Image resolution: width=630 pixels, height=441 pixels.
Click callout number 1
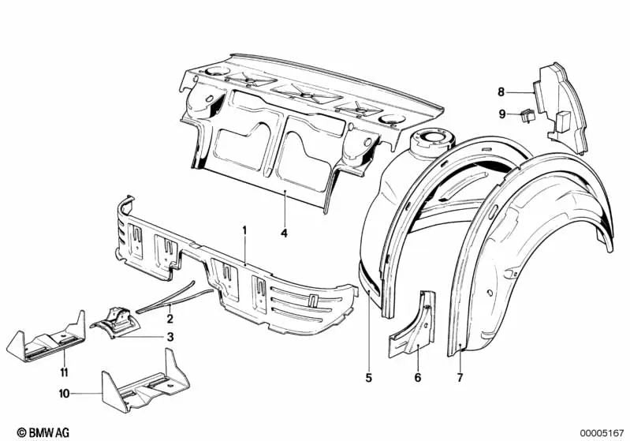244,230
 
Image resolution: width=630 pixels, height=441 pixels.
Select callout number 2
169,319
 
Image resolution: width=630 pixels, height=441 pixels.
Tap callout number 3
169,337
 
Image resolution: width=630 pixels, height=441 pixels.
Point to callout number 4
284,233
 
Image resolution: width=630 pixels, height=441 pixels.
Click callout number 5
368,377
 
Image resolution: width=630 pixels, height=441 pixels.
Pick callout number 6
418,377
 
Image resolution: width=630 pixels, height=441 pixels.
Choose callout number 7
460,377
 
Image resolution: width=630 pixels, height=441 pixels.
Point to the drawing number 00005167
600,432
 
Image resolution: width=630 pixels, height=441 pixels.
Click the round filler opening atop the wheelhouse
434,140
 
